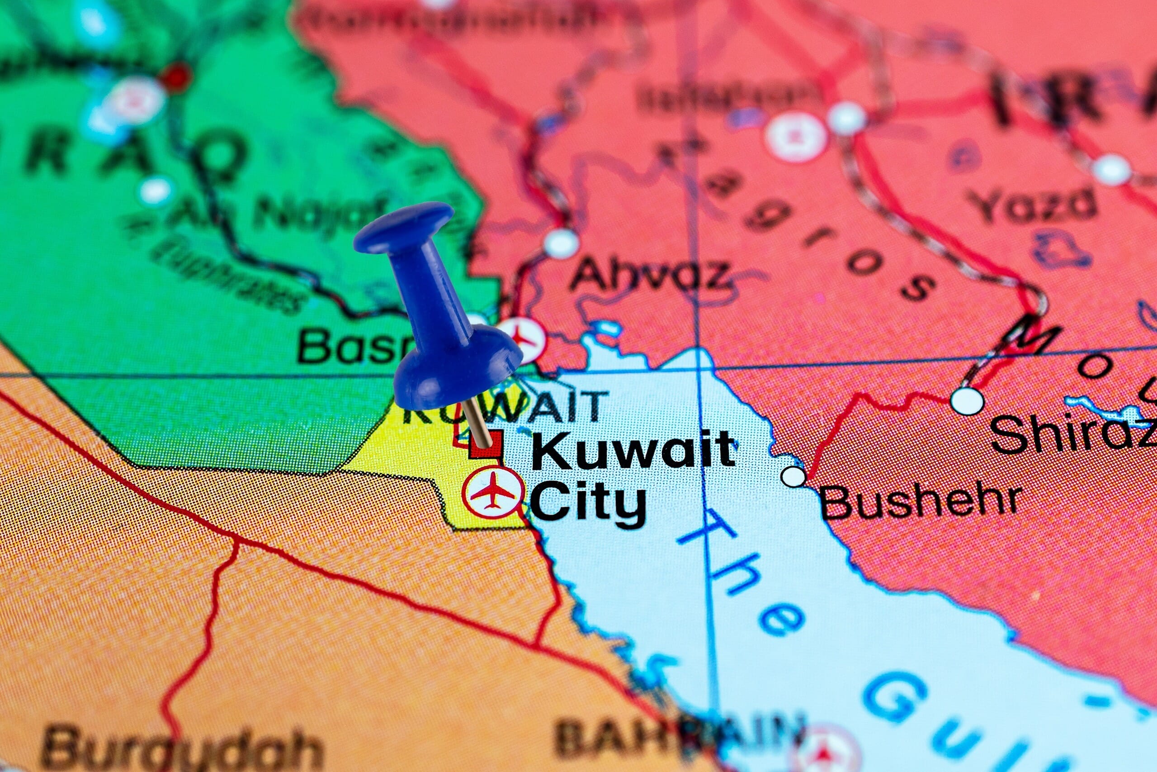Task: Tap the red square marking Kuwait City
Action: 486,446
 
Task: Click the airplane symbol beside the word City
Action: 492,492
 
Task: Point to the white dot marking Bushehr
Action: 793,477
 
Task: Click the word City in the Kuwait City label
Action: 588,502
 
